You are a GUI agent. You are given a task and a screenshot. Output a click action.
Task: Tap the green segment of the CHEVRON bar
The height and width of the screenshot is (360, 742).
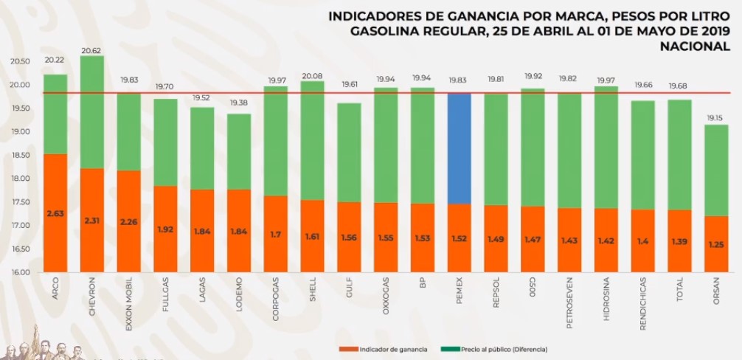pyautogui.click(x=91, y=111)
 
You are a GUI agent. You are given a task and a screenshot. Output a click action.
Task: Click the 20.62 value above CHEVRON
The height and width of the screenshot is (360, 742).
pyautogui.click(x=91, y=50)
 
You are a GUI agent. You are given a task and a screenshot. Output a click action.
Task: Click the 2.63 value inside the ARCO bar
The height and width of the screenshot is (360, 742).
pyautogui.click(x=55, y=214)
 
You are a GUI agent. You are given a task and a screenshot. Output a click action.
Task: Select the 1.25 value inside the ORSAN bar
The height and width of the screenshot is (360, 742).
pyautogui.click(x=715, y=244)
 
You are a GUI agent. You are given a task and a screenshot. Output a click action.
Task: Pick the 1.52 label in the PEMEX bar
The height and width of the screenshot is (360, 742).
pyautogui.click(x=459, y=239)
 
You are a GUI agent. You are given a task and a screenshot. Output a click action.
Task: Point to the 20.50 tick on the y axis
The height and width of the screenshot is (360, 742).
pyautogui.click(x=20, y=62)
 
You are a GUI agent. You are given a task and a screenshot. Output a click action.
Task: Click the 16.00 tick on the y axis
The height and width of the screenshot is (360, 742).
pyautogui.click(x=20, y=272)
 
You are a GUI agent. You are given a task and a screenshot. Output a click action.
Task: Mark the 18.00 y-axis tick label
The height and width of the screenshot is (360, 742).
pyautogui.click(x=20, y=179)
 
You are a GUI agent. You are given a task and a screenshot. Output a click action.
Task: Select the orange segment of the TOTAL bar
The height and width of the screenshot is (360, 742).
pyautogui.click(x=679, y=240)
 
